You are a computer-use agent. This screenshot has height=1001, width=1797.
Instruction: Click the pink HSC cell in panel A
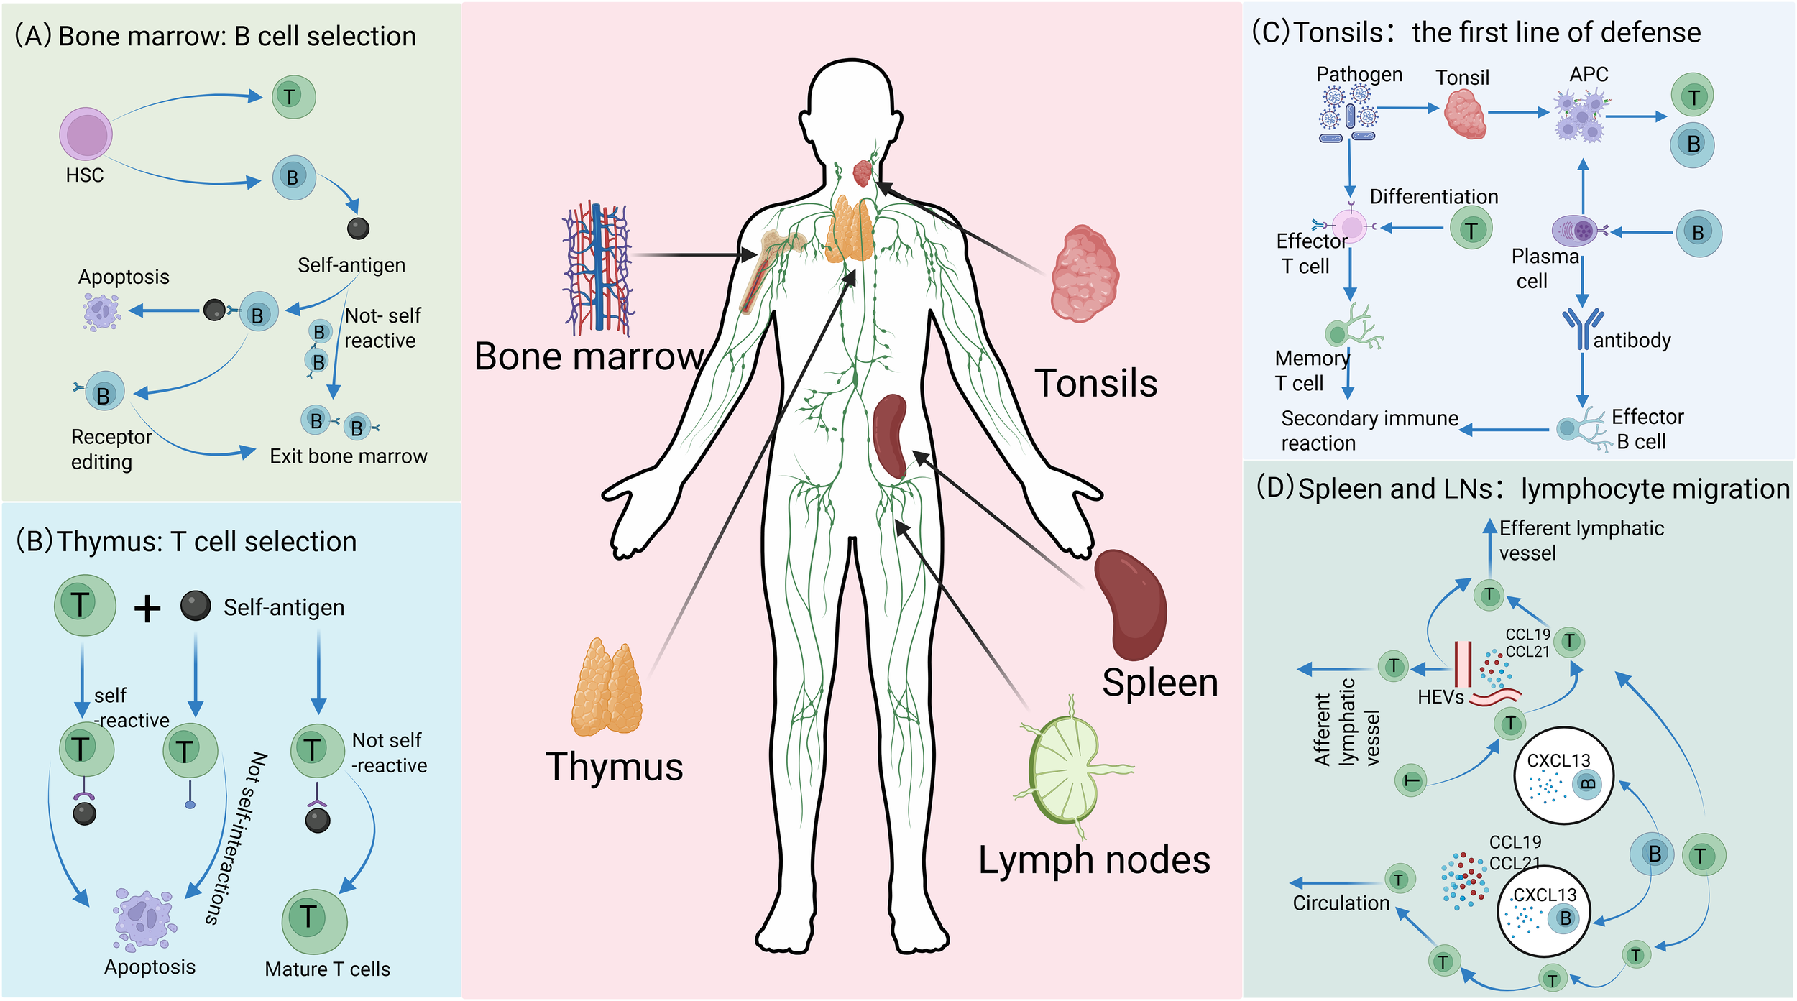pyautogui.click(x=86, y=134)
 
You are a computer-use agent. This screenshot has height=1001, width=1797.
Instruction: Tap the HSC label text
pyautogui.click(x=85, y=175)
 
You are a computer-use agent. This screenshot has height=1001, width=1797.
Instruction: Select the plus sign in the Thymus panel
pyautogui.click(x=147, y=609)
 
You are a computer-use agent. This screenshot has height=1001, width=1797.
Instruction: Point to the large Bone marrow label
pyautogui.click(x=589, y=356)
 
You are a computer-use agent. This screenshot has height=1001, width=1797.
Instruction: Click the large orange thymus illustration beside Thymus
pyautogui.click(x=607, y=688)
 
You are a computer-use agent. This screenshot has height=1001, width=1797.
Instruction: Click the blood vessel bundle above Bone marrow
pyautogui.click(x=597, y=269)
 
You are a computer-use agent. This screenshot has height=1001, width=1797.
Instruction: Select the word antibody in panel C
pyautogui.click(x=1632, y=340)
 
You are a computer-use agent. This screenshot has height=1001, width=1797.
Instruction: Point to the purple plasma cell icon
pyautogui.click(x=1575, y=231)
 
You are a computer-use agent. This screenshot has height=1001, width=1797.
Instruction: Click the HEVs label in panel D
pyautogui.click(x=1440, y=697)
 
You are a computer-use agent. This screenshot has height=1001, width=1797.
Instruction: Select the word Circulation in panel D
pyautogui.click(x=1341, y=903)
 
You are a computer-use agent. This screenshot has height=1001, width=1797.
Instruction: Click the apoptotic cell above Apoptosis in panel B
pyautogui.click(x=144, y=921)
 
